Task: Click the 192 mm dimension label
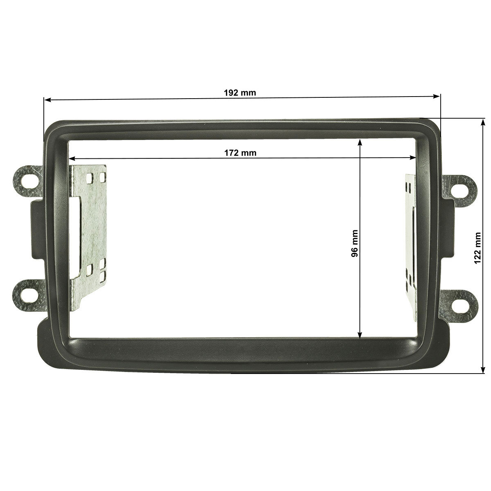click(240, 93)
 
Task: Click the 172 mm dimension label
click(240, 153)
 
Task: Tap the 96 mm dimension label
click(354, 243)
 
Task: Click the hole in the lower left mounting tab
click(27, 295)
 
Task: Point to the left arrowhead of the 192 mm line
click(47, 100)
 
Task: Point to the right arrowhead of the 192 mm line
click(437, 96)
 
